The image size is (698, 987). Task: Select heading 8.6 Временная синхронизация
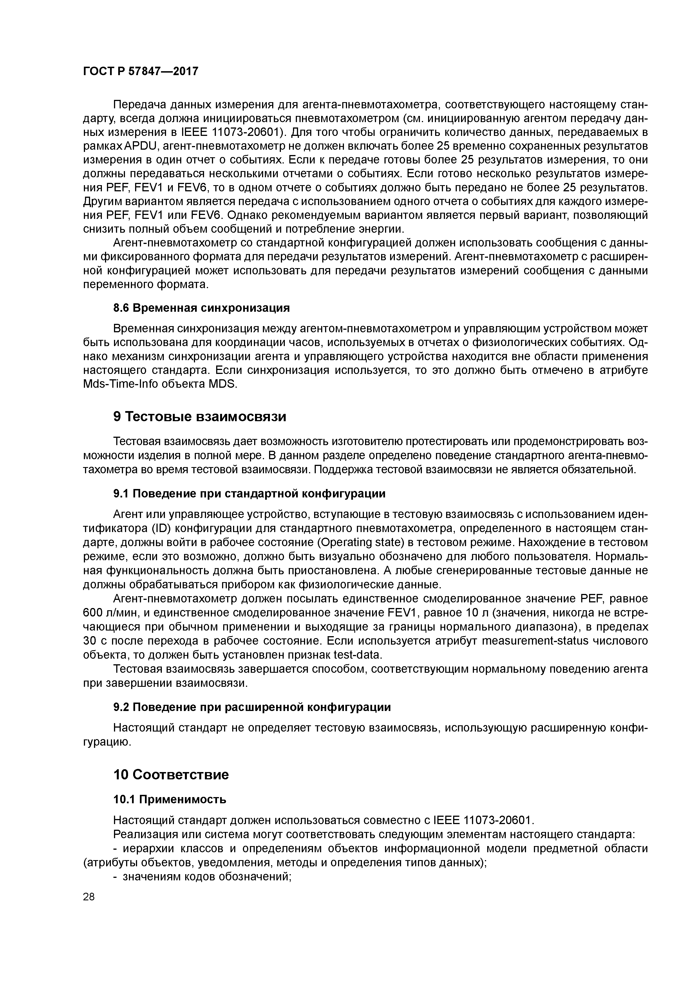pyautogui.click(x=201, y=308)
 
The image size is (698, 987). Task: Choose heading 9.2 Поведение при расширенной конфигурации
pyautogui.click(x=252, y=707)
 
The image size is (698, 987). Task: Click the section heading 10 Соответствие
pyautogui.click(x=171, y=775)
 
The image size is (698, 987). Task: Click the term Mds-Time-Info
pyautogui.click(x=120, y=384)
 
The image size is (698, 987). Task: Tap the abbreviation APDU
pyautogui.click(x=142, y=146)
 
